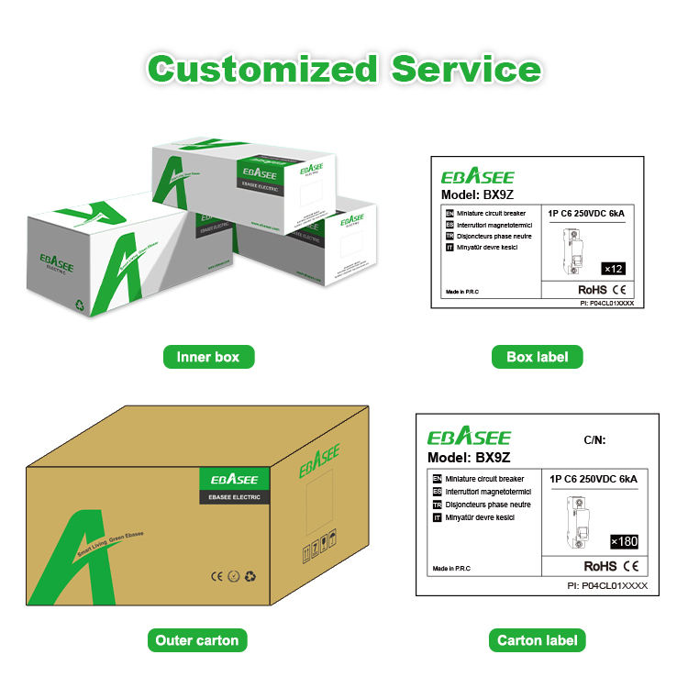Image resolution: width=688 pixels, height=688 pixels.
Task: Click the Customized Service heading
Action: (x=344, y=69)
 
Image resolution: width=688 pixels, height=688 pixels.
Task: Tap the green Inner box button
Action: (x=208, y=357)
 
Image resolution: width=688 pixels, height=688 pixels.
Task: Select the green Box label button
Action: (x=537, y=357)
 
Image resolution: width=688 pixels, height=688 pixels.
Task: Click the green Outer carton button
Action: (x=196, y=640)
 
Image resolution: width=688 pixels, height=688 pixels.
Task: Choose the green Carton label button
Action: (x=537, y=640)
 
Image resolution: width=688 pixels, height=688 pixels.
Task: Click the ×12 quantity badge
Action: (x=613, y=268)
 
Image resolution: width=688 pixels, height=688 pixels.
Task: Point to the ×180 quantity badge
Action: (x=624, y=541)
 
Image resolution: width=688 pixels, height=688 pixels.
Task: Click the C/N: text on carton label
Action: (x=595, y=440)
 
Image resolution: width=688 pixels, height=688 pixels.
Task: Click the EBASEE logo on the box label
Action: (x=478, y=176)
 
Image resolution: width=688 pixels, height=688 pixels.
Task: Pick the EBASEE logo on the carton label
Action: (x=468, y=437)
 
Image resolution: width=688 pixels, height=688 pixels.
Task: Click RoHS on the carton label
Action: (x=600, y=566)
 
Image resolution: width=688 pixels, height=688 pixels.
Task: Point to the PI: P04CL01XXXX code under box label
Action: (x=606, y=302)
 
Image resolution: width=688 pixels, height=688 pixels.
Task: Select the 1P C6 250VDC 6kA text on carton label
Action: (x=592, y=479)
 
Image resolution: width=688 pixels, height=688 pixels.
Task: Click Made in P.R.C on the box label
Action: (x=463, y=291)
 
